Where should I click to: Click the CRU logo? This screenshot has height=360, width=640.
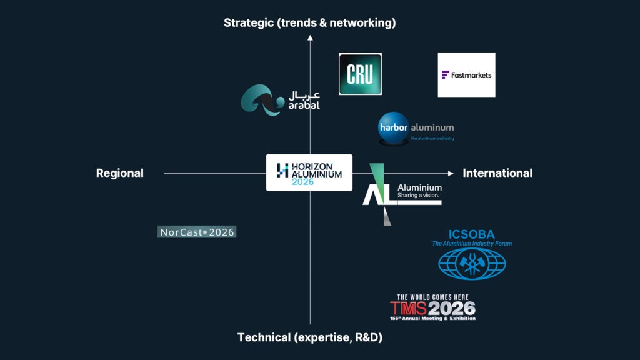coord(360,74)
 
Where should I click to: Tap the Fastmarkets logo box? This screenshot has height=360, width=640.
coord(466,75)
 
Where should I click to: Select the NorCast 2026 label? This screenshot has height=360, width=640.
coord(197,232)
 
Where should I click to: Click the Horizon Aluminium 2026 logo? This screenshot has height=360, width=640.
coord(309,172)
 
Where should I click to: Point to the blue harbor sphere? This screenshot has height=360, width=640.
coord(394,128)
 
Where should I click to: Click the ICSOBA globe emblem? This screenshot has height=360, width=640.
coord(472,263)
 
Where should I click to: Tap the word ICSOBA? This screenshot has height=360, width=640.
coord(472,235)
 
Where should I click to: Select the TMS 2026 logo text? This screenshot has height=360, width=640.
coord(432,308)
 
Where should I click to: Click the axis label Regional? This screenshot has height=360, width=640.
coord(119,173)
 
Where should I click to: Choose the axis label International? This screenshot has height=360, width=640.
coord(497,173)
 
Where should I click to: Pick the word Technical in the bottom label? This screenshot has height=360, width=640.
coord(264,337)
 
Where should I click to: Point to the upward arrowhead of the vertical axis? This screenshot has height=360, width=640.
coord(310,38)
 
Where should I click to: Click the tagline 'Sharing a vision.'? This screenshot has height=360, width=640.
coord(419,196)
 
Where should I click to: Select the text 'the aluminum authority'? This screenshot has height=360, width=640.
coord(432,138)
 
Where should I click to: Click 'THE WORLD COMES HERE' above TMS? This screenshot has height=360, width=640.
coord(432,297)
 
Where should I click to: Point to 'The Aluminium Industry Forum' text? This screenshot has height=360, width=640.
coord(472,244)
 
